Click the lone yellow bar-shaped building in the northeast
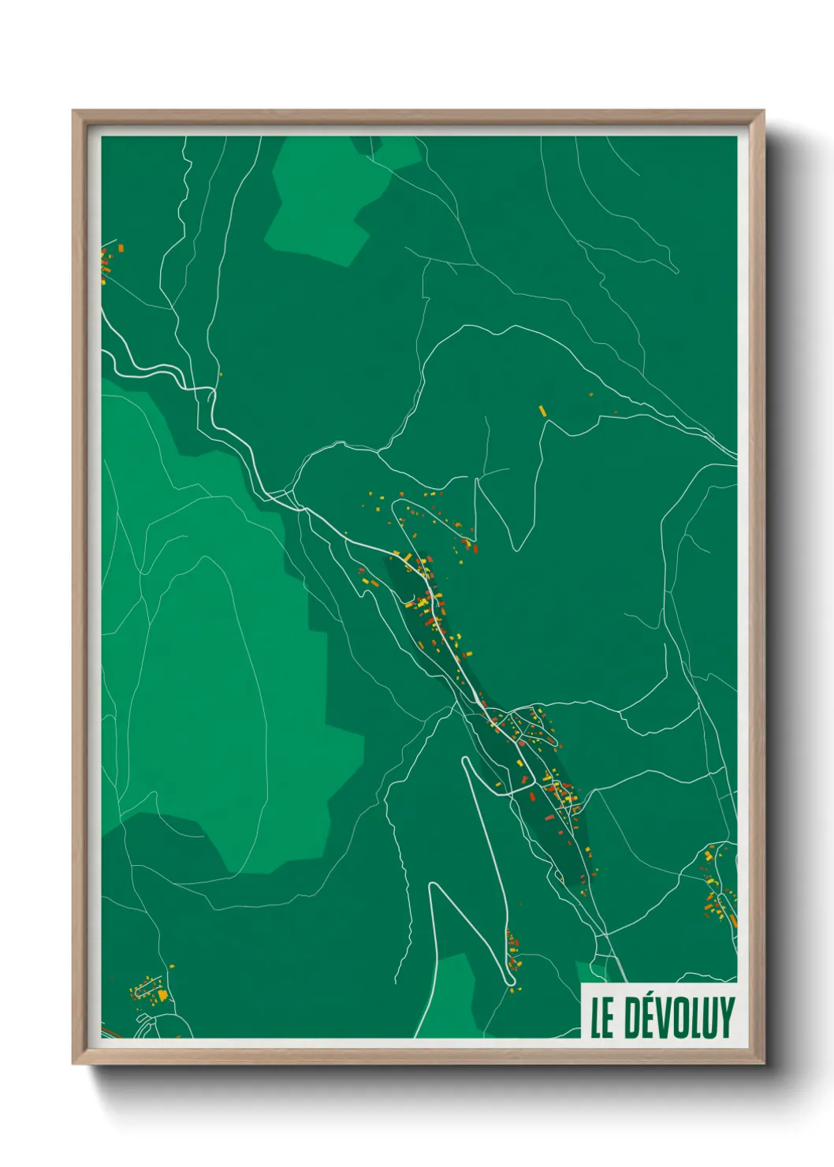coord(542,411)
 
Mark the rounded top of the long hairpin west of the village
coord(466,761)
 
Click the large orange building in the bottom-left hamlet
coord(163,996)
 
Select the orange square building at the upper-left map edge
coord(121,248)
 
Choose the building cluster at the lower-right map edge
coord(719,891)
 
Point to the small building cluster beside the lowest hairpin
coord(512,950)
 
